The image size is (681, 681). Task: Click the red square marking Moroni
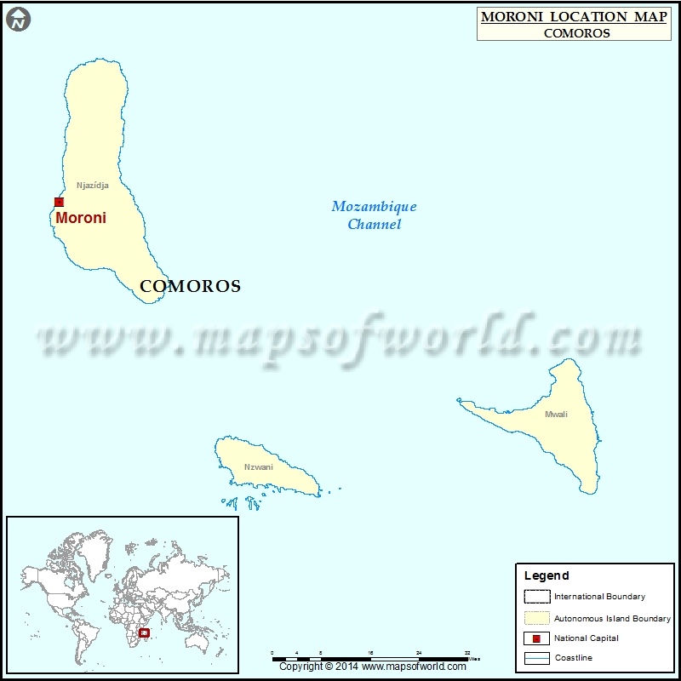click(x=59, y=202)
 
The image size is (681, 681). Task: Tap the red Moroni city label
click(x=81, y=218)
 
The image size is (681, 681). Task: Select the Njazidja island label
click(x=93, y=185)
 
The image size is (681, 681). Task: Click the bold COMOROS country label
click(x=190, y=287)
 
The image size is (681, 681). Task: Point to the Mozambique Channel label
click(x=375, y=215)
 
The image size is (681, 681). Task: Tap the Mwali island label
click(x=556, y=415)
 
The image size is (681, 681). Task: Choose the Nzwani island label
click(x=259, y=466)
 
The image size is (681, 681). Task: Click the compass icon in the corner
click(x=18, y=18)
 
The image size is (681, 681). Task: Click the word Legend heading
click(x=547, y=576)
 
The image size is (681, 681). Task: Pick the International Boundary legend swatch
click(x=536, y=597)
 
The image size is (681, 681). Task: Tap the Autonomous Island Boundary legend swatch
click(x=536, y=618)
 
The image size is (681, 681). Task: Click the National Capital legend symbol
click(x=536, y=638)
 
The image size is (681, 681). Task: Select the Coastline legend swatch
click(x=536, y=658)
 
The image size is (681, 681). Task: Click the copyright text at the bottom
click(x=372, y=667)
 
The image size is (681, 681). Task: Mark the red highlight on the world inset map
click(x=144, y=632)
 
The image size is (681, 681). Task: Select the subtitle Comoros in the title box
click(x=576, y=33)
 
